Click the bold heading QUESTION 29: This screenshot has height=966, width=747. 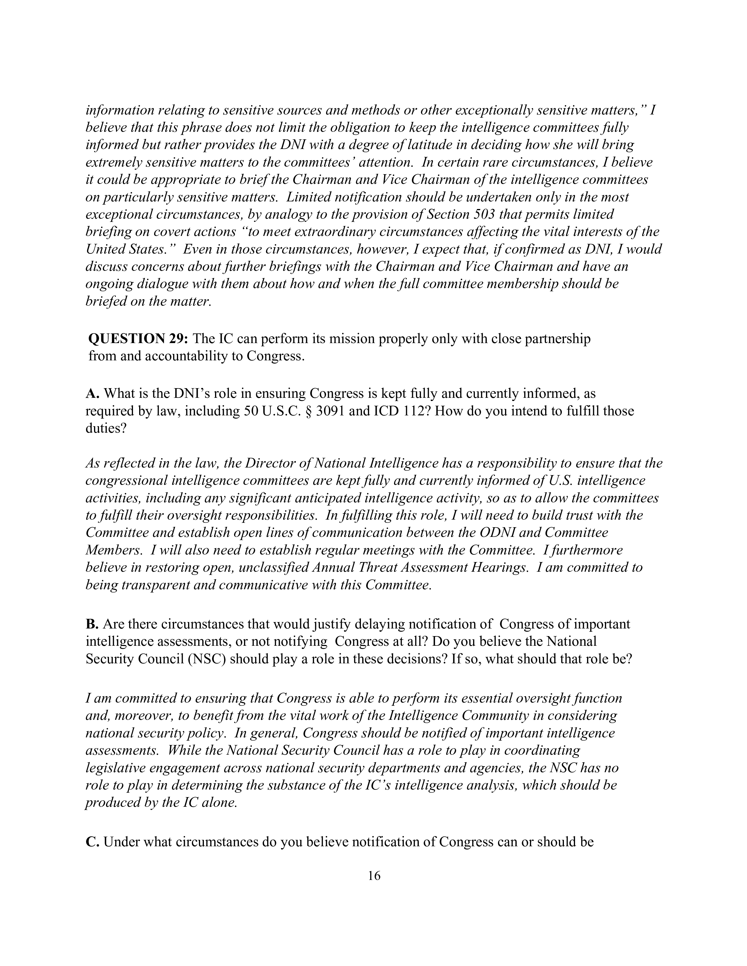click(x=139, y=339)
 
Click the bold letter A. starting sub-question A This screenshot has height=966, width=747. click(x=92, y=394)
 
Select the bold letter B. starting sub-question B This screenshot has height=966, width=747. click(x=92, y=624)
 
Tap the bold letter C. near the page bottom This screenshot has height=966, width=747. click(x=92, y=842)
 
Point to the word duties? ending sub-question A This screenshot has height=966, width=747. click(x=106, y=429)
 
